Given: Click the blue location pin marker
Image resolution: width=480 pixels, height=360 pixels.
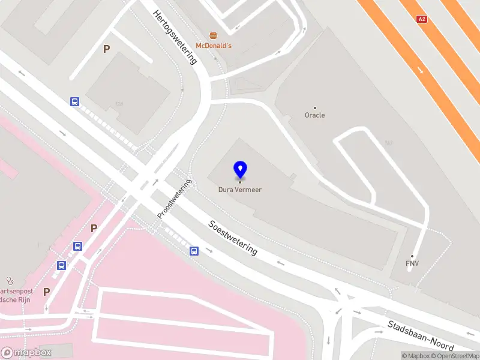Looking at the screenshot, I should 240,170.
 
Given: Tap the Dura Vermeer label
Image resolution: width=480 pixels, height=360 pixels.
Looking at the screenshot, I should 240,190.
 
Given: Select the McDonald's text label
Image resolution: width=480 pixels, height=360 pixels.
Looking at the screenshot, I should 214,46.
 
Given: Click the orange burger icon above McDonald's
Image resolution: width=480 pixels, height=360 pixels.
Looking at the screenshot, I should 213,35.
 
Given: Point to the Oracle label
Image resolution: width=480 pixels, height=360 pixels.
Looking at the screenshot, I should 315,115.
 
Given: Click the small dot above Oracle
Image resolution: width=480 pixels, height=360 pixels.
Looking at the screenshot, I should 315,108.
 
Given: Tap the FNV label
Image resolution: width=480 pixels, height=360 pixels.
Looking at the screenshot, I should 412,263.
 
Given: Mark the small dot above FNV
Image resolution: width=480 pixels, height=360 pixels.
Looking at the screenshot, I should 412,256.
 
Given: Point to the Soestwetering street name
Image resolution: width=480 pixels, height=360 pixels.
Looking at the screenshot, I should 233,238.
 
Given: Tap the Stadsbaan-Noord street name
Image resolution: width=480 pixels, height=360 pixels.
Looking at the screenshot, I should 420,335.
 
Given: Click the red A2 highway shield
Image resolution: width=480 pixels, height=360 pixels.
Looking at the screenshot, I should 422,19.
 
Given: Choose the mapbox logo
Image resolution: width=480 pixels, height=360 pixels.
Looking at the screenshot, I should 26,353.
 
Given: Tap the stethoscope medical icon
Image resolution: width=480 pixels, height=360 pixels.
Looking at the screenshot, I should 9,280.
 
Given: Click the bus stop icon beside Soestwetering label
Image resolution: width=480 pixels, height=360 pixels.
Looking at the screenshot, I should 194,251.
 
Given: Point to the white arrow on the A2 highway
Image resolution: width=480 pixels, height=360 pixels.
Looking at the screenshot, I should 421,70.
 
